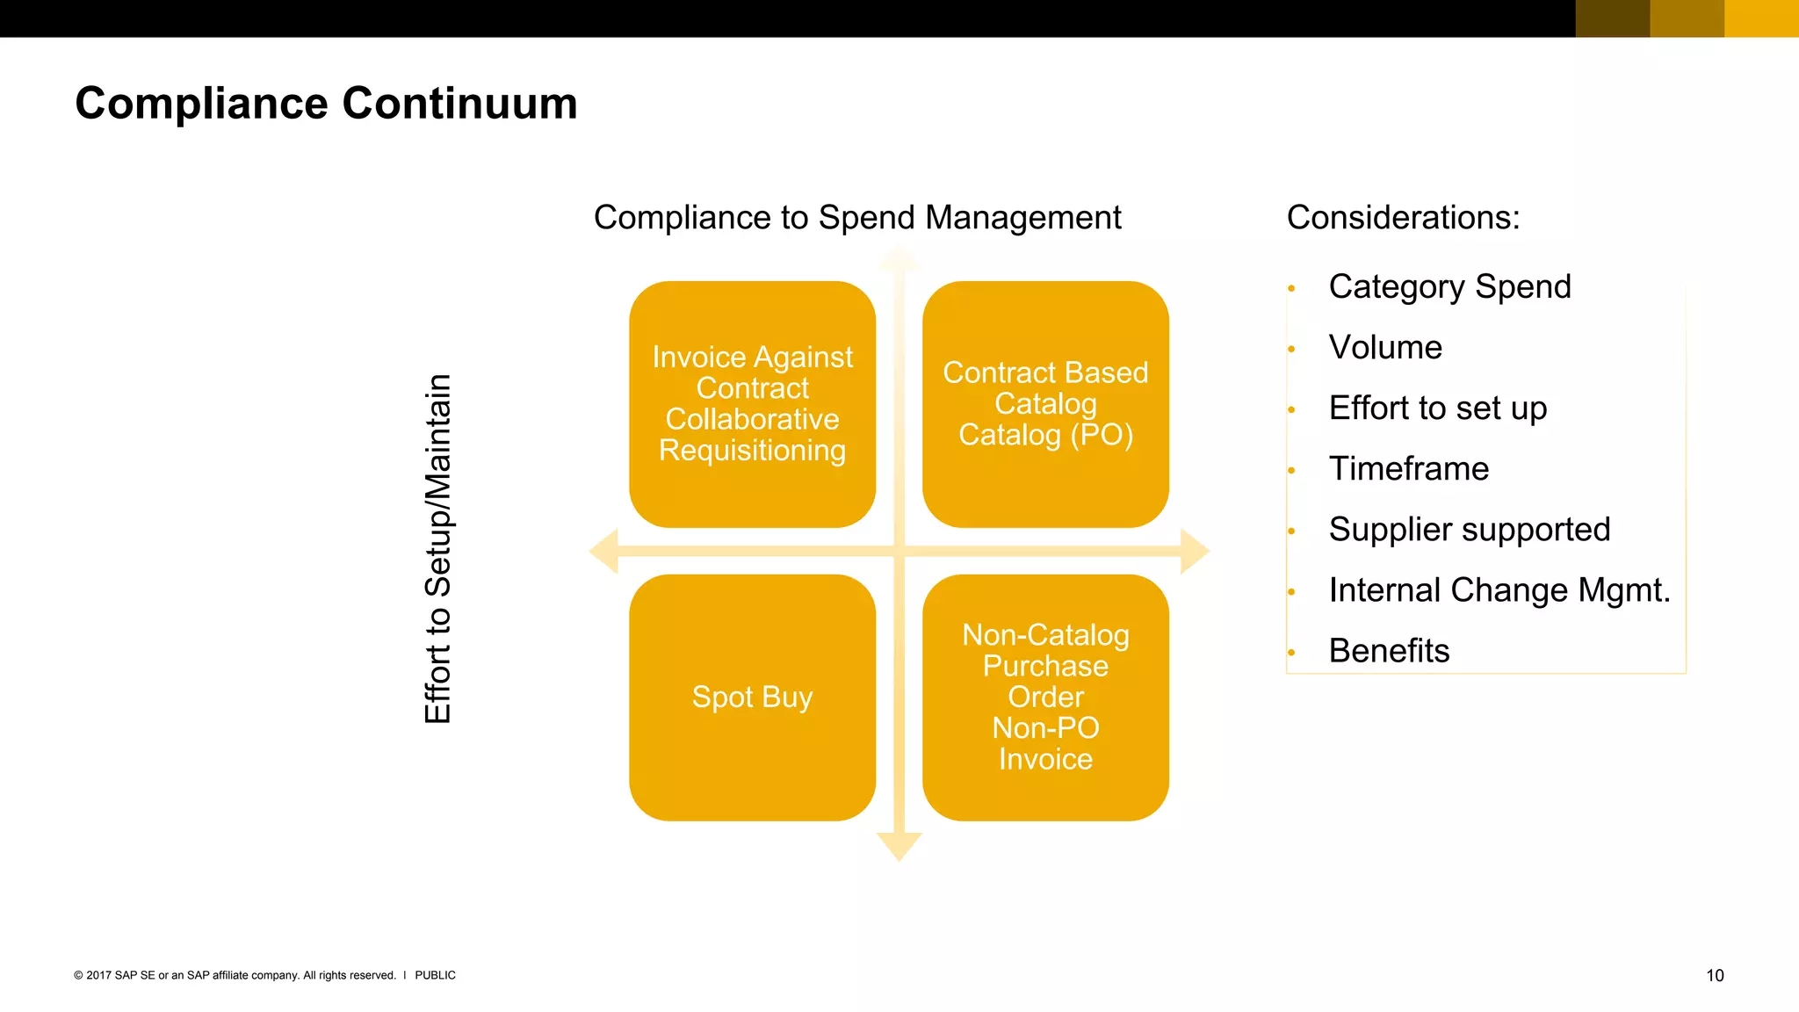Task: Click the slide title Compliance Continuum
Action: [x=326, y=104]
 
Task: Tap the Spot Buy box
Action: [x=752, y=698]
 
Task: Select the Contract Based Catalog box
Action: [x=1045, y=404]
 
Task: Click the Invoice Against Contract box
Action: [x=752, y=404]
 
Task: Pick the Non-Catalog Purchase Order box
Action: [x=1045, y=698]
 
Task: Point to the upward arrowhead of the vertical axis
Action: [x=899, y=259]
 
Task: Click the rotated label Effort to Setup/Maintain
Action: [x=437, y=549]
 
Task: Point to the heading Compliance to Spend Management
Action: [x=857, y=218]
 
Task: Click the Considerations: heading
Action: [x=1403, y=218]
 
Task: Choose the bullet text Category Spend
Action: [x=1449, y=287]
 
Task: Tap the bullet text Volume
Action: [x=1385, y=348]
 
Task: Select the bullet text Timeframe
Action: [x=1408, y=469]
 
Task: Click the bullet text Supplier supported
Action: [x=1469, y=530]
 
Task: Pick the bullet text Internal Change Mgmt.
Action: [x=1499, y=590]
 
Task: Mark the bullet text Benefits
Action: [x=1389, y=651]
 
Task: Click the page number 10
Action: [x=1715, y=975]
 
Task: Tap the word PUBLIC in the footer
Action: [x=435, y=975]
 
